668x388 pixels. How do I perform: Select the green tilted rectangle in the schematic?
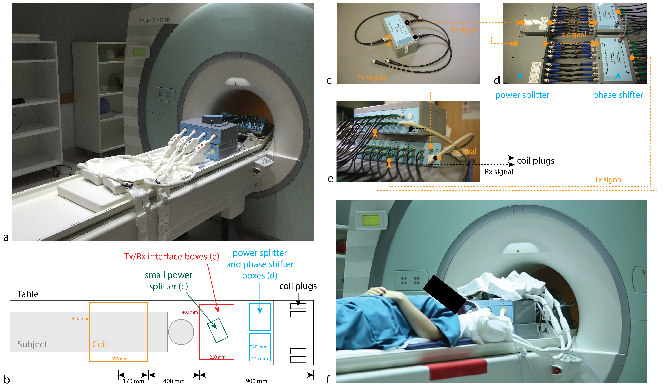tap(217, 330)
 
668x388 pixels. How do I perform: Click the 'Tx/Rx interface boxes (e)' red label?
tap(171, 256)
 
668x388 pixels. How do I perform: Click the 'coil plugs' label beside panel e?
tap(535, 161)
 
